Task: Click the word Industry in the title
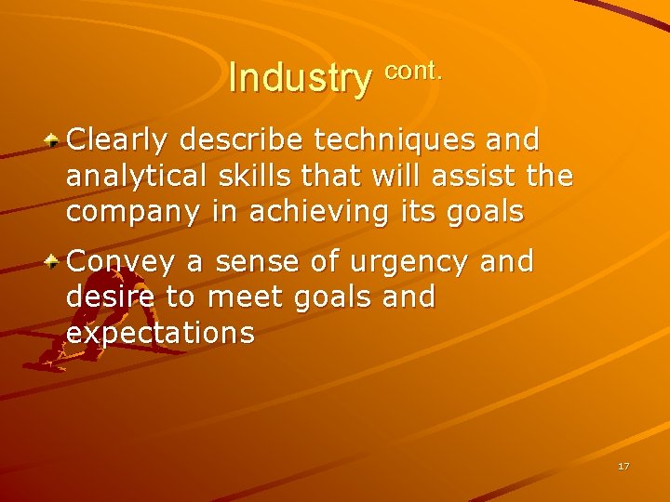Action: (x=299, y=78)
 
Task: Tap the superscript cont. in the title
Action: (x=412, y=70)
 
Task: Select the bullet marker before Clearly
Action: (x=55, y=140)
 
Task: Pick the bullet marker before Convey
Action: (x=55, y=263)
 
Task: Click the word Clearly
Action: (x=118, y=140)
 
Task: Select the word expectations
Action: (x=160, y=333)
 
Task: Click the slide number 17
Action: (x=623, y=466)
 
